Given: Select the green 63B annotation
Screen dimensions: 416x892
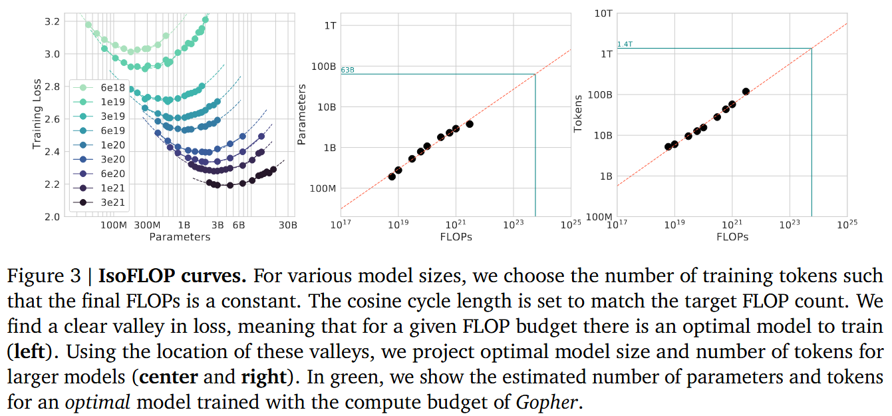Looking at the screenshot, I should point(347,70).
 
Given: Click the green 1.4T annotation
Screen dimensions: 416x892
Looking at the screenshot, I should point(625,45).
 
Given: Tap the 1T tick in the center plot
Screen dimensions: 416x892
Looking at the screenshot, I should point(330,25).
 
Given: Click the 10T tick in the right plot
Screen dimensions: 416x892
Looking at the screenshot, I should point(603,13).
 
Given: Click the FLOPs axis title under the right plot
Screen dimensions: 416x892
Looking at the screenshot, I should point(732,237).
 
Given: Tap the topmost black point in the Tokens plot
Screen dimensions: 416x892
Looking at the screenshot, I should point(746,91).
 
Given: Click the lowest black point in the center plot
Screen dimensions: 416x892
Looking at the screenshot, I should point(392,176).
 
